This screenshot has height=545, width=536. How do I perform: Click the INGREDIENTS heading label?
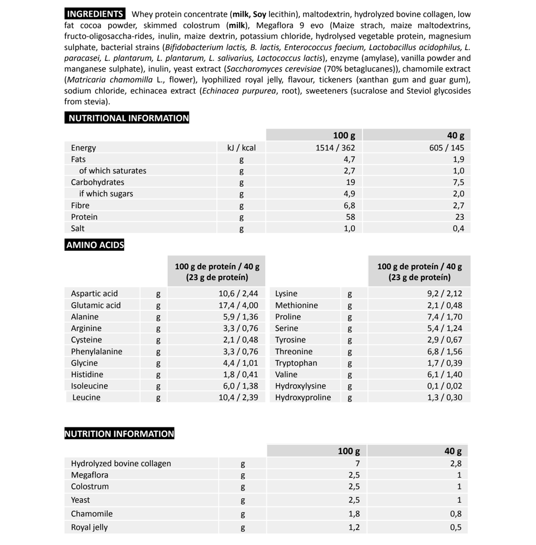coord(95,14)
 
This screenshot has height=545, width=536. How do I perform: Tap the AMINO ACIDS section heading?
coord(95,245)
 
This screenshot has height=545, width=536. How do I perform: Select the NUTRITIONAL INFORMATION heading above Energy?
coord(127,118)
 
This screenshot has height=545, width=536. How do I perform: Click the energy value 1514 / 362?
coord(335,148)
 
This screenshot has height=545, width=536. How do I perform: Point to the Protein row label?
coord(84,217)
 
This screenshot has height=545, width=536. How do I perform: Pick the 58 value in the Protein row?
coord(350,217)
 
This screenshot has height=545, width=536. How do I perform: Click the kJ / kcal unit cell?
coord(242,148)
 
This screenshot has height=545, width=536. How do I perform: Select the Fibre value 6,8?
coord(349,206)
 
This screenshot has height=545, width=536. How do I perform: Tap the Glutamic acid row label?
coord(96,305)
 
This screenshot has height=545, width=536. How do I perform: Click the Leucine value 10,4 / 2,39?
coord(238,398)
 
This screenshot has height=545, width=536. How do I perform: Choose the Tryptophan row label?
coord(296,363)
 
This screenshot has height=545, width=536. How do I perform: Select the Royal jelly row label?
coord(90,528)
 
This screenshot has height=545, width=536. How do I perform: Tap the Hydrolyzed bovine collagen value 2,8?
coord(456,464)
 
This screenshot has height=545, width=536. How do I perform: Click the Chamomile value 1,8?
coord(354,514)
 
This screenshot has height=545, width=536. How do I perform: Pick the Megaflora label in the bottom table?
coord(90,475)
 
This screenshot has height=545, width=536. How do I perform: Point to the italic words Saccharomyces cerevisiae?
coord(274,69)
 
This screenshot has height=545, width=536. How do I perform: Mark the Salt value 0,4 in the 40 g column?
coord(458,228)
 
